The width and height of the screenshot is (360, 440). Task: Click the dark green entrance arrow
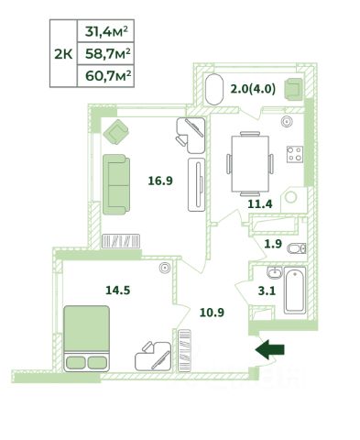[269, 349]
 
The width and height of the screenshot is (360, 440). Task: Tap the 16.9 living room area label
[160, 181]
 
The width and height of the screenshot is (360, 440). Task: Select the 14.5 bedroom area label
[118, 290]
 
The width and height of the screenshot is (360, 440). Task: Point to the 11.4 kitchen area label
[260, 203]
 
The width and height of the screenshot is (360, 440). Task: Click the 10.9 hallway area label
[212, 313]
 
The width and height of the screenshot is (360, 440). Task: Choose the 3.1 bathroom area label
[267, 291]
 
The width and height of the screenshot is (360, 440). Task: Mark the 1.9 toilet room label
[273, 244]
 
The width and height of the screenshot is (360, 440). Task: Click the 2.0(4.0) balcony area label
[253, 89]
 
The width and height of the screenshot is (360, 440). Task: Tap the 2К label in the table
[63, 55]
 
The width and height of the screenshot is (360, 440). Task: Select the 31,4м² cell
[106, 31]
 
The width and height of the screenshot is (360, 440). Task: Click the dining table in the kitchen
[250, 164]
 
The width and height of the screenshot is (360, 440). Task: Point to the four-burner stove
[295, 154]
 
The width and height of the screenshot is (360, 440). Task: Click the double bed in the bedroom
[87, 338]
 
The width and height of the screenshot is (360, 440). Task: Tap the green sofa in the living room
[116, 184]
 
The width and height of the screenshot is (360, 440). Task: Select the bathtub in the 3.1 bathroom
[295, 291]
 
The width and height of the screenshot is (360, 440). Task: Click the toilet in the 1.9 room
[296, 248]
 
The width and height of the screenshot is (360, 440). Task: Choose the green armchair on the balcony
[293, 89]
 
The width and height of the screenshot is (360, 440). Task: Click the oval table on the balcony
[214, 89]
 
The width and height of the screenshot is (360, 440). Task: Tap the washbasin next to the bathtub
[275, 272]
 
